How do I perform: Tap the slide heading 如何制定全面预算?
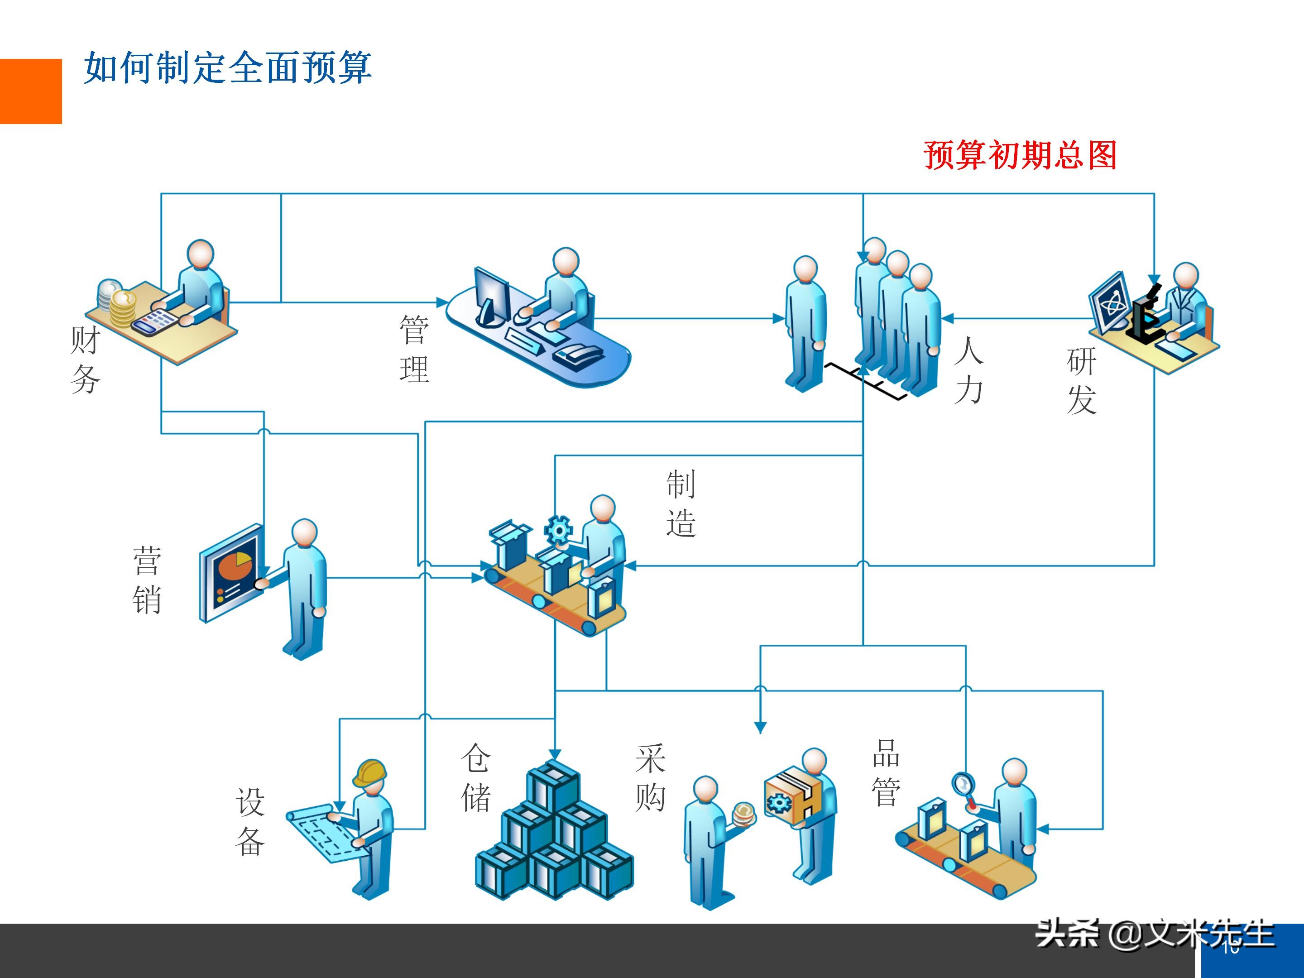click(228, 68)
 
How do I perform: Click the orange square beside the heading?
click(31, 91)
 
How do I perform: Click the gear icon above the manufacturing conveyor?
click(558, 529)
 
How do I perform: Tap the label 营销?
click(147, 580)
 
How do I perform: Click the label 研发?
click(1081, 381)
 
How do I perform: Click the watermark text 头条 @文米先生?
click(1154, 935)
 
